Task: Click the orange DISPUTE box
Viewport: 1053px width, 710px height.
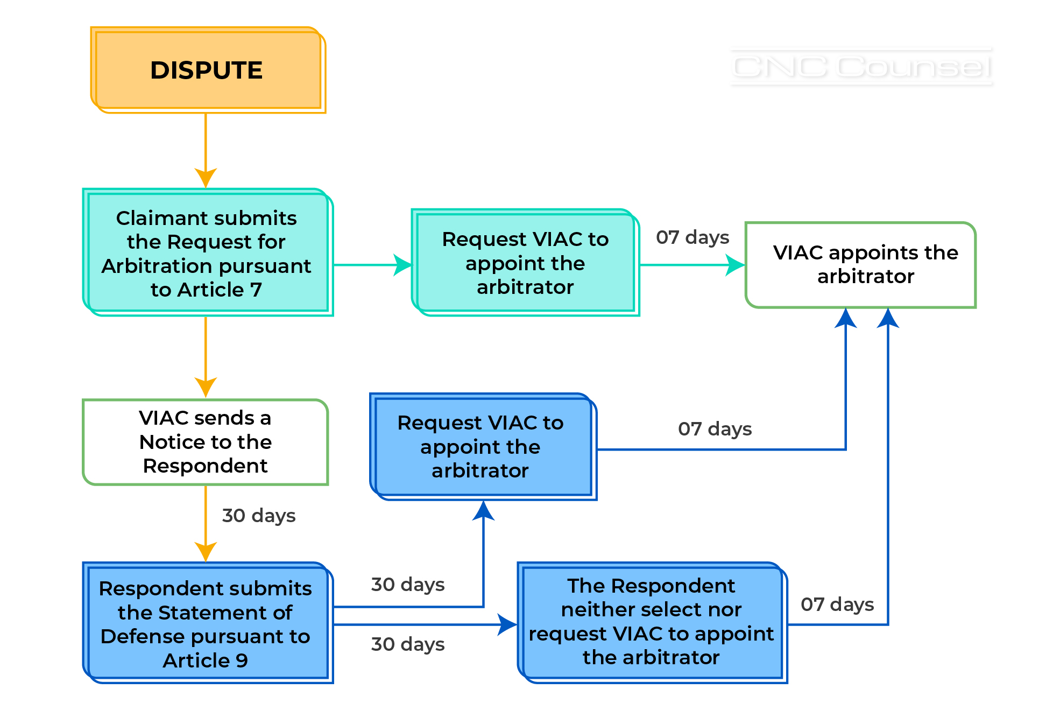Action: click(207, 71)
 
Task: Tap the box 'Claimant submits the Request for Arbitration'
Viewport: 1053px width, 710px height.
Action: click(207, 252)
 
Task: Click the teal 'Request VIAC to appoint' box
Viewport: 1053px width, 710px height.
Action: click(525, 263)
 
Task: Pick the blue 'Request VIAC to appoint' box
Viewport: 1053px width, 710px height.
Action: click(482, 447)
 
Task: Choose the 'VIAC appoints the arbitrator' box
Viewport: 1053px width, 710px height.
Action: click(861, 265)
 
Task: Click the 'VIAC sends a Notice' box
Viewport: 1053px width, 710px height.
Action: click(206, 442)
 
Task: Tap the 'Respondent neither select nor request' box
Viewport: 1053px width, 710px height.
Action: click(652, 622)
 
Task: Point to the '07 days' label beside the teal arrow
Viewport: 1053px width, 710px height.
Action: click(692, 237)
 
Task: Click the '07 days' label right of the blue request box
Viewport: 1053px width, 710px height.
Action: click(715, 429)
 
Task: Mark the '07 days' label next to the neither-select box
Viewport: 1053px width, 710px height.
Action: click(837, 604)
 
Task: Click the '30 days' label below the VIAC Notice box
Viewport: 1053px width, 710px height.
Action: click(259, 516)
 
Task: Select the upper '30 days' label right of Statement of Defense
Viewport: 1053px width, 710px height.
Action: click(408, 585)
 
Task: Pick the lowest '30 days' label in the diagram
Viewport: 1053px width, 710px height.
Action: click(408, 644)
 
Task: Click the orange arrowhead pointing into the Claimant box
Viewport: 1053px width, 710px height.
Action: click(206, 178)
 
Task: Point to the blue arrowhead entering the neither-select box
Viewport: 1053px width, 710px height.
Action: click(507, 624)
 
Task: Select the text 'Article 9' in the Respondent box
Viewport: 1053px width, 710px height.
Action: click(206, 660)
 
